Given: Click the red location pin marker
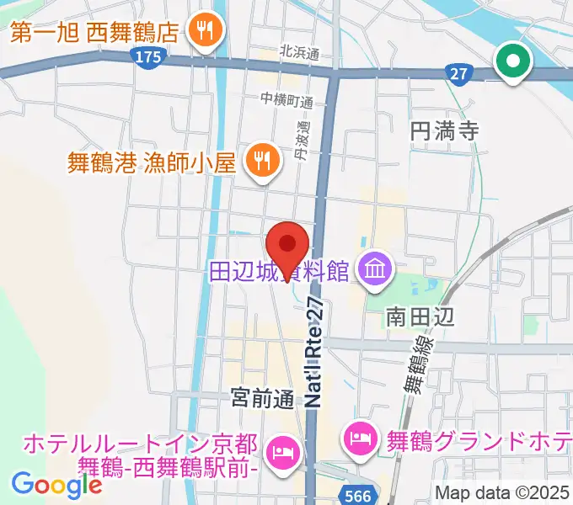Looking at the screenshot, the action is (286, 245).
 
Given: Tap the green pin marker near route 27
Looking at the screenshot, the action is (511, 61).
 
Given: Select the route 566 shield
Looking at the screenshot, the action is (359, 496).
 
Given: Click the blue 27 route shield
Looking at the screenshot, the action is (458, 74).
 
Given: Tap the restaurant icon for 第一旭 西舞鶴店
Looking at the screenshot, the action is (203, 33).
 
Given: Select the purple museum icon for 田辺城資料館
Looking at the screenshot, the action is (371, 270).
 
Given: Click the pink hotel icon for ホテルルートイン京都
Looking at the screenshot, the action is (281, 454).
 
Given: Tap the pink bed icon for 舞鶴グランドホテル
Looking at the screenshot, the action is (357, 437).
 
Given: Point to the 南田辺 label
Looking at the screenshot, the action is (420, 316).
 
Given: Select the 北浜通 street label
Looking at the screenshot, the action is (301, 54).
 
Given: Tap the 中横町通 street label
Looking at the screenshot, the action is (286, 101).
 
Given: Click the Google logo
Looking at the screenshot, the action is (56, 485).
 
